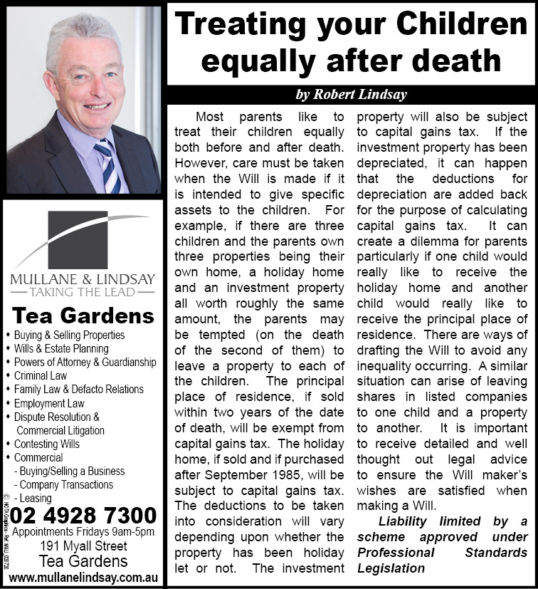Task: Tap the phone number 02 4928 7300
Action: (x=83, y=516)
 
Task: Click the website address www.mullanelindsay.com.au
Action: (x=83, y=578)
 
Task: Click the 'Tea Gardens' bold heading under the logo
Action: (x=83, y=316)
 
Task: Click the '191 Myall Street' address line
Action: (x=83, y=546)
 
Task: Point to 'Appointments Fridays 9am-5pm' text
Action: (x=83, y=532)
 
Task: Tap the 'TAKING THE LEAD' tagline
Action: (x=83, y=291)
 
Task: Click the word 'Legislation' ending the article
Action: (x=390, y=568)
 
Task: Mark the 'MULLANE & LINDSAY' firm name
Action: (x=83, y=277)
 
